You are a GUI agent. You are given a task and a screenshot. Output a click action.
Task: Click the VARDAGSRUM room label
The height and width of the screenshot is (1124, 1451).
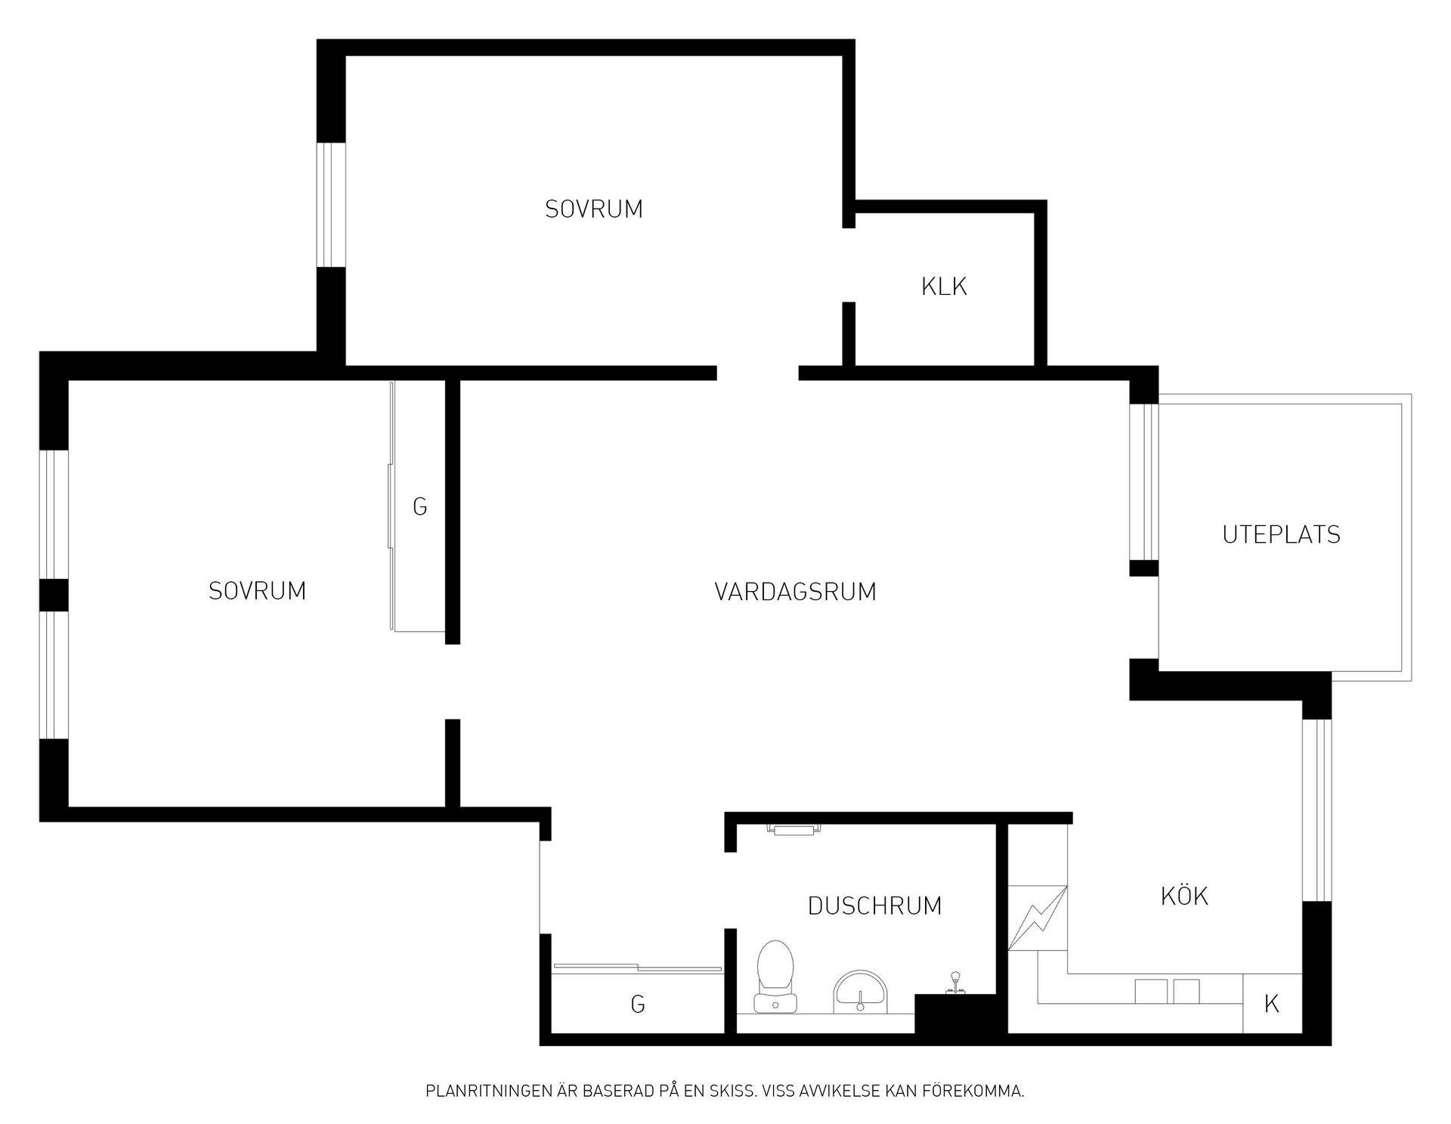(x=795, y=591)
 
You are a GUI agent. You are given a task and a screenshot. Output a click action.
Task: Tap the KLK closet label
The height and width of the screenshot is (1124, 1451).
(x=944, y=286)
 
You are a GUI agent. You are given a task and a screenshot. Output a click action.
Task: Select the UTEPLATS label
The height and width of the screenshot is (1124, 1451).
(x=1281, y=534)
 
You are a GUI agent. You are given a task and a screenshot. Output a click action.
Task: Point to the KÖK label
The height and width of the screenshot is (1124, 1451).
(x=1184, y=896)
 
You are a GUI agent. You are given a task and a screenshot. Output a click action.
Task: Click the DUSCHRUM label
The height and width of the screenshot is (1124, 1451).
(x=874, y=906)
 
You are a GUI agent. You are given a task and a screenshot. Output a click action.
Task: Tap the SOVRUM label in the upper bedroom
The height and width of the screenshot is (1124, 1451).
(x=594, y=209)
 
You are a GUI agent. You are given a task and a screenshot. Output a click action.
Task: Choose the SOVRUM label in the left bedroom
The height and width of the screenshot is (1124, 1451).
(x=258, y=590)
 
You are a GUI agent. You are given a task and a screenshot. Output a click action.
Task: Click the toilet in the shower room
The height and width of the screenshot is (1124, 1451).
(x=775, y=976)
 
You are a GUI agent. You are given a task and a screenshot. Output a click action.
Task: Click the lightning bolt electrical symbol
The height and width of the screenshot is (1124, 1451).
(x=1038, y=918)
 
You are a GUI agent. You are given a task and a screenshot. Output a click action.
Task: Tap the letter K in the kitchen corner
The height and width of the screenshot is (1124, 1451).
(x=1272, y=1004)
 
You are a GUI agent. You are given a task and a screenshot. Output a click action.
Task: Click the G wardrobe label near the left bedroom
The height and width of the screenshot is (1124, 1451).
(x=420, y=506)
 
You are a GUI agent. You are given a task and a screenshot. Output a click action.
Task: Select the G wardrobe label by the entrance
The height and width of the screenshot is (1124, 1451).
(x=638, y=1004)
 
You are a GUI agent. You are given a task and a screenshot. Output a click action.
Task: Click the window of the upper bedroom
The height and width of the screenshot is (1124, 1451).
(x=330, y=204)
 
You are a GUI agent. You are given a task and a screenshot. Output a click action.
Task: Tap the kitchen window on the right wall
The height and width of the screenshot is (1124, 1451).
(x=1316, y=810)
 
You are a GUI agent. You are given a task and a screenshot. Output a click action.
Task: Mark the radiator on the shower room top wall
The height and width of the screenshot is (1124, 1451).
(x=793, y=829)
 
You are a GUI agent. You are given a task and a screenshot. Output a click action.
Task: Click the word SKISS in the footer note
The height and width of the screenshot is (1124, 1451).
(x=732, y=1091)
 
